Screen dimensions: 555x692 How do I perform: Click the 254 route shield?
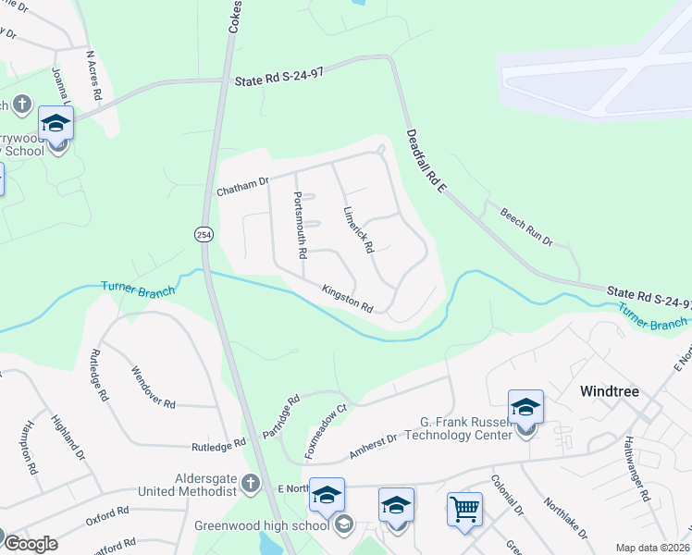(203, 235)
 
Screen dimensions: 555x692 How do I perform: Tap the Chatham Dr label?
(241, 188)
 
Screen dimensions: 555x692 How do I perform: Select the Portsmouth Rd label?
(300, 224)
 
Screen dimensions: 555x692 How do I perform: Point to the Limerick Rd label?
(357, 230)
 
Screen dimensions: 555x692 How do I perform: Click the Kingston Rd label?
(347, 299)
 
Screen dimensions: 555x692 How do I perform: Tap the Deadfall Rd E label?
(426, 161)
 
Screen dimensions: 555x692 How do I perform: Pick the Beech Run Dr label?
(525, 227)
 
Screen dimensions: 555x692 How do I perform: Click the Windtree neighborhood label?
(610, 391)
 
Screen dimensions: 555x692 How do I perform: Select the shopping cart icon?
(464, 507)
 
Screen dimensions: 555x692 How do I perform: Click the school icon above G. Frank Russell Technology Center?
(525, 407)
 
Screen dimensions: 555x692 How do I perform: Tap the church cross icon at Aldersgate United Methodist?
(248, 482)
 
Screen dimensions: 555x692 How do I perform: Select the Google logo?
(30, 544)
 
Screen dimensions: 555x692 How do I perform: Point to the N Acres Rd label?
(93, 75)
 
